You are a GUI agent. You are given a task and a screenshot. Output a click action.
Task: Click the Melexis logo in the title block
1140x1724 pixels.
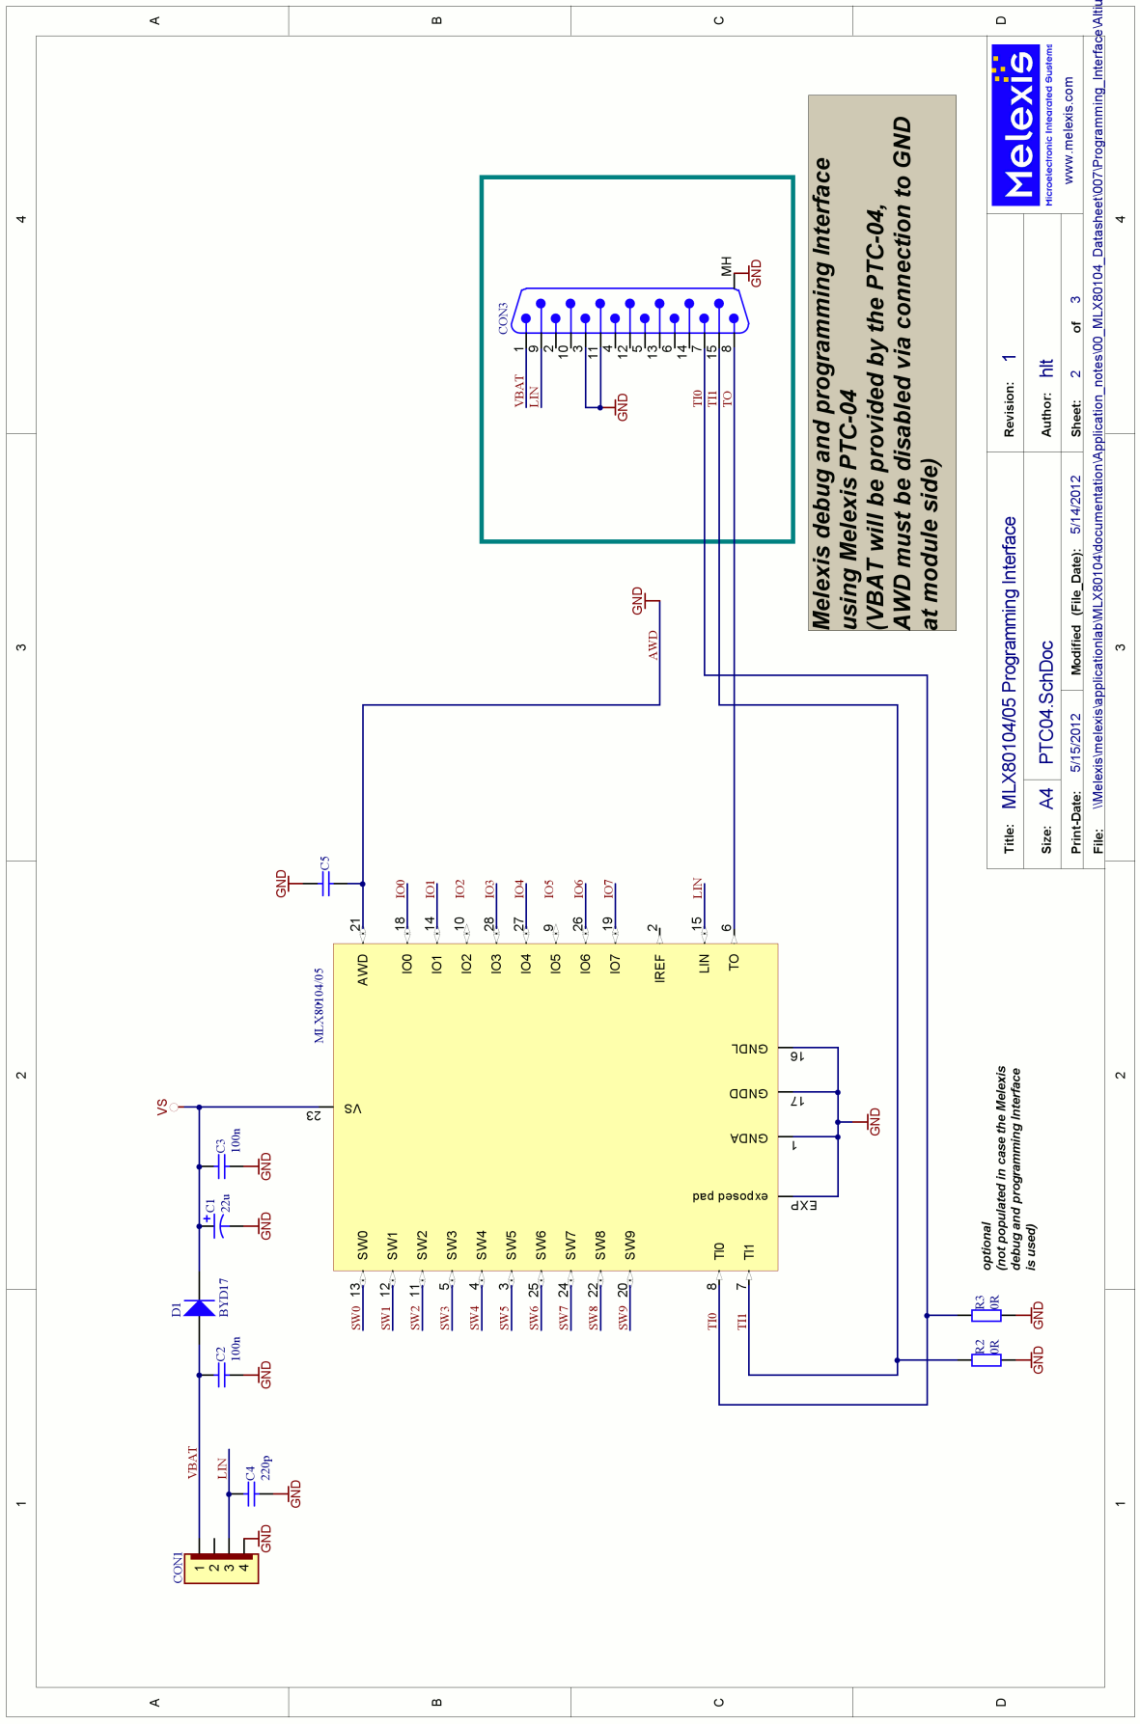tap(1015, 125)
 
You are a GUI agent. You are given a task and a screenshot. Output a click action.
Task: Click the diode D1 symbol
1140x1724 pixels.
tap(200, 1308)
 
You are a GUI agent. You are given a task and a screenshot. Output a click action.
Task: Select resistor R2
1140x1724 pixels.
tap(986, 1360)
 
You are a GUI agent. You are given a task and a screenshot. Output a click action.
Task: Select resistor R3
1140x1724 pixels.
tap(986, 1315)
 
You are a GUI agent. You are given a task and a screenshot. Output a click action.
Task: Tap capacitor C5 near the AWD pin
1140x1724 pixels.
tap(325, 883)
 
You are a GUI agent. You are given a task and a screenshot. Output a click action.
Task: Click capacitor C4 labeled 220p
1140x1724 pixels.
tap(251, 1493)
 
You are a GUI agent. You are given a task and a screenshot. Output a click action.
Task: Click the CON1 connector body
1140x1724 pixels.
tap(223, 1569)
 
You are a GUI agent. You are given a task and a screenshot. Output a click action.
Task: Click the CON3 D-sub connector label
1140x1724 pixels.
tap(503, 318)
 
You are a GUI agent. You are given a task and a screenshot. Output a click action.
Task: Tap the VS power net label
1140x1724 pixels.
tap(162, 1106)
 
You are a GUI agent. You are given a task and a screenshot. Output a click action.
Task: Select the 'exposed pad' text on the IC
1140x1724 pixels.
tap(730, 1195)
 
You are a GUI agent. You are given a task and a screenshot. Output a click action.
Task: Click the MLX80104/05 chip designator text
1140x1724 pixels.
tap(320, 1005)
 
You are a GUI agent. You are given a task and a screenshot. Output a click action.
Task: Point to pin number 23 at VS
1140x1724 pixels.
tap(314, 1115)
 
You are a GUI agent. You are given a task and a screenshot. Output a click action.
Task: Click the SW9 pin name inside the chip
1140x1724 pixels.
tap(630, 1245)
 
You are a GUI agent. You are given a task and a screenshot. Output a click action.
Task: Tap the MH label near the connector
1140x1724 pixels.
tap(727, 265)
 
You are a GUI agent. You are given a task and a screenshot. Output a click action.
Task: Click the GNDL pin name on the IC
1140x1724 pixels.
tap(749, 1049)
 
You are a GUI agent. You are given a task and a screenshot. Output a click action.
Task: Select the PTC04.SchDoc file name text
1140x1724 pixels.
tap(1046, 702)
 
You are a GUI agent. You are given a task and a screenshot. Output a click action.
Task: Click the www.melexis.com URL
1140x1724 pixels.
tap(1068, 130)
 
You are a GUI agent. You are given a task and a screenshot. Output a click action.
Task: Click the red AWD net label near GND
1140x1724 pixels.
tap(653, 644)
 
